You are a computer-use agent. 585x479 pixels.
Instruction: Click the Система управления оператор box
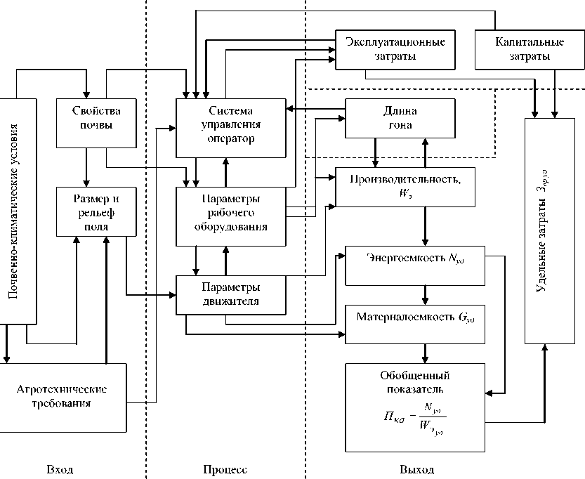coord(230,127)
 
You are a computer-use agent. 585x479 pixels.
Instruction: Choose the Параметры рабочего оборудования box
coord(230,216)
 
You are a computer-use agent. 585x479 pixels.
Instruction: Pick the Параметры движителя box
coord(230,295)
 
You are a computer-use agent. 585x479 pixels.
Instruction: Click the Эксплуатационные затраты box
coord(395,49)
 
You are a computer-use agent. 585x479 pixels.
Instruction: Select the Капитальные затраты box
coord(518,49)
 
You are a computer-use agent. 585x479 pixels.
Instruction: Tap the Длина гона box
coord(400,118)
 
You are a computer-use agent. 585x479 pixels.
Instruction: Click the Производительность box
coord(405,187)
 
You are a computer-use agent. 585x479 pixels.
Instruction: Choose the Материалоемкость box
coord(414,323)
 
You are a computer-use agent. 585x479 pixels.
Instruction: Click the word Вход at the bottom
coord(60,469)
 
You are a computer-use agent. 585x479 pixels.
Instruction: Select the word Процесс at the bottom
coord(225,469)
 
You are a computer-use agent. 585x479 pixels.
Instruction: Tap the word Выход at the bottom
coord(416,469)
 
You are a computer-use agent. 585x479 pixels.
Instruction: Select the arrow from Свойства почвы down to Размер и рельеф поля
coord(86,168)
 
